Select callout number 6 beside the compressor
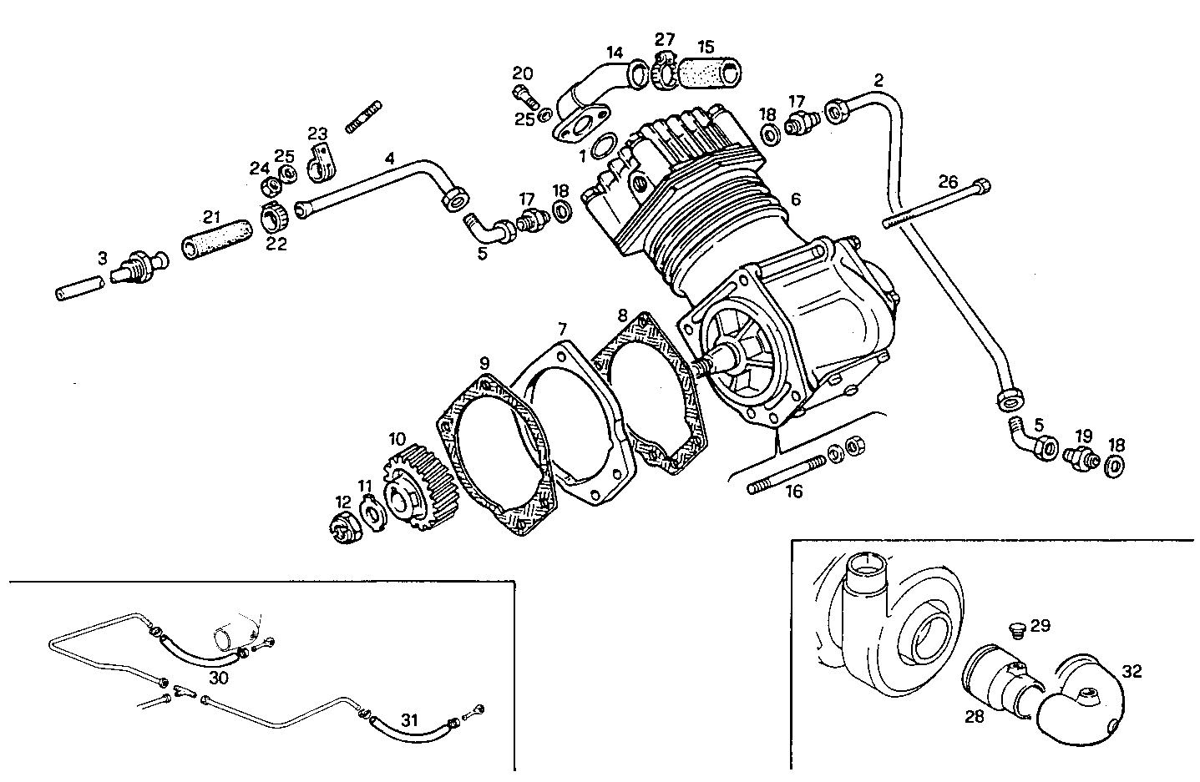[796, 199]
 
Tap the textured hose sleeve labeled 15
[707, 73]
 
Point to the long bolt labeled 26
[935, 203]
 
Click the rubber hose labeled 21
[215, 235]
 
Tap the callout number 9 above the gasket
[484, 363]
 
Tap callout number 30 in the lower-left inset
[218, 679]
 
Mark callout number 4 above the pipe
[389, 157]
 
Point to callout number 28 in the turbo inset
[975, 715]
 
